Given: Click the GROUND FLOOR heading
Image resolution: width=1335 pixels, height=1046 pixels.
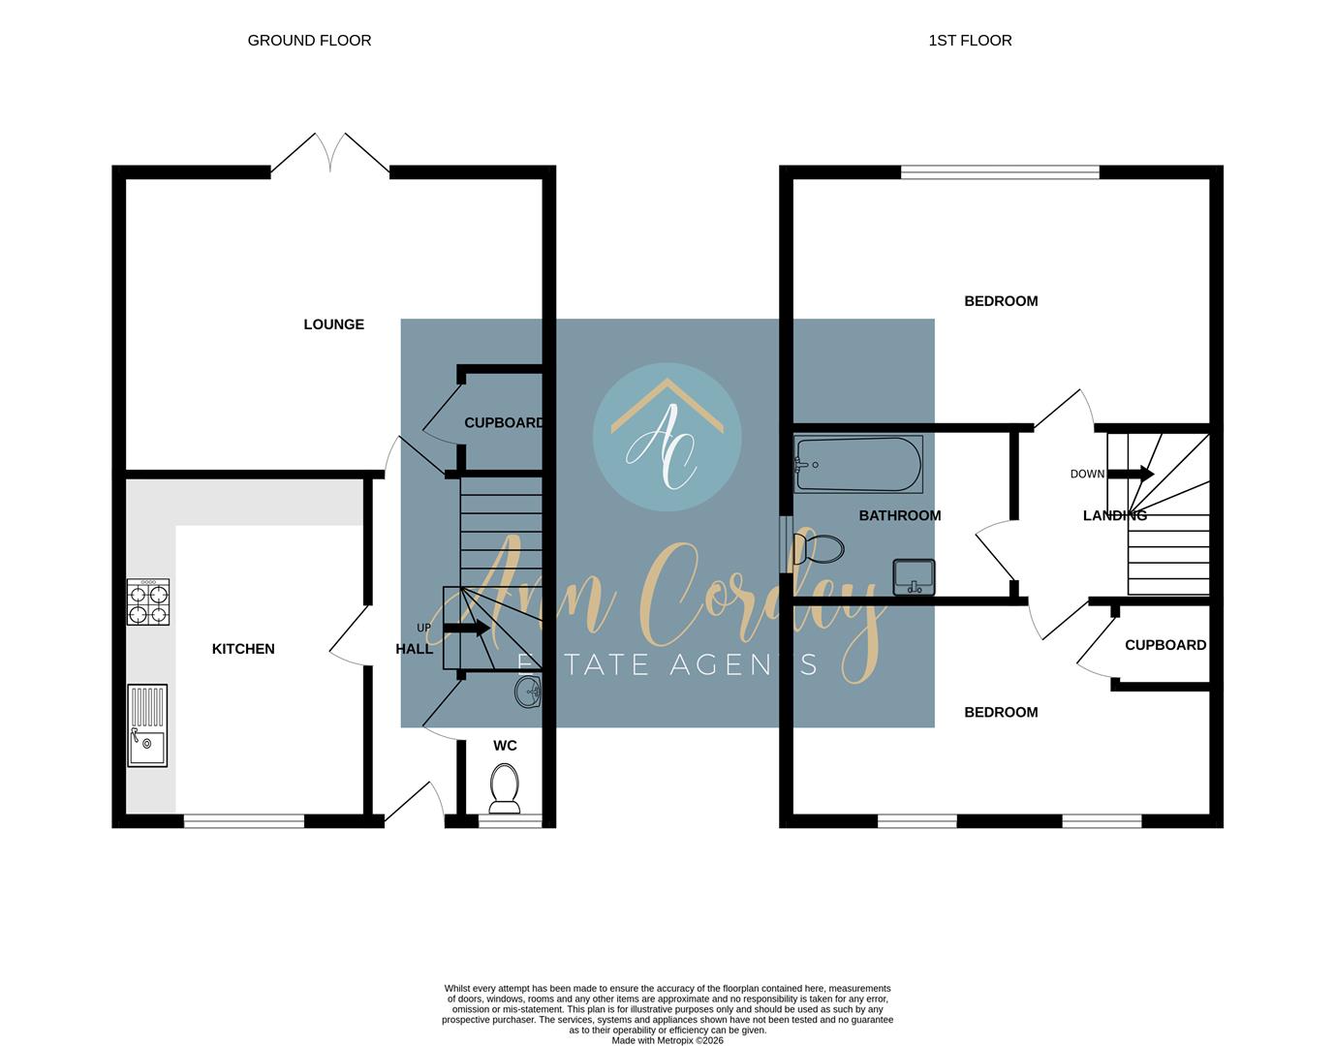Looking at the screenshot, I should pyautogui.click(x=309, y=41).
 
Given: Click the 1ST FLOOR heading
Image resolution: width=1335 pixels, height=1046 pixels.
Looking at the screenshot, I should pyautogui.click(x=970, y=41).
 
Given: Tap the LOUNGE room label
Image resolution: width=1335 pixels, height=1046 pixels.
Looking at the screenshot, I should pyautogui.click(x=333, y=324).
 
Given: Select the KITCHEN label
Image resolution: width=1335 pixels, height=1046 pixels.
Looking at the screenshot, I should pyautogui.click(x=243, y=649).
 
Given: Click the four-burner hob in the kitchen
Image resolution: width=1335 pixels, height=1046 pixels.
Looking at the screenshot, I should pyautogui.click(x=148, y=601).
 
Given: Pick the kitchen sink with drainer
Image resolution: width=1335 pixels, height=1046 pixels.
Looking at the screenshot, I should pyautogui.click(x=147, y=725).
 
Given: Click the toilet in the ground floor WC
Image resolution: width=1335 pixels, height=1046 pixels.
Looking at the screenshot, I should pyautogui.click(x=505, y=786).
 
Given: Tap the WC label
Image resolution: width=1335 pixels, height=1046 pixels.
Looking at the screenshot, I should pyautogui.click(x=505, y=746).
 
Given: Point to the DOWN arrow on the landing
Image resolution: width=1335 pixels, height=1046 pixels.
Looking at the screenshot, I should pyautogui.click(x=1130, y=474).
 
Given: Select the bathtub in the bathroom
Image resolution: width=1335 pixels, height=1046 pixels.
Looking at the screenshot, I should pyautogui.click(x=857, y=465).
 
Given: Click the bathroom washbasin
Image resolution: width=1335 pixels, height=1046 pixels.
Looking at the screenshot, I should pyautogui.click(x=914, y=577).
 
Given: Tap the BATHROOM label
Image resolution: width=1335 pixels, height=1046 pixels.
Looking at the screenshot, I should pyautogui.click(x=899, y=515).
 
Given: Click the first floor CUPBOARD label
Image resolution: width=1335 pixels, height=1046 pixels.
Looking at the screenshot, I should pyautogui.click(x=1164, y=645).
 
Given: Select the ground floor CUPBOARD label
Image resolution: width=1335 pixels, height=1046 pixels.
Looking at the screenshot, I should pyautogui.click(x=503, y=423).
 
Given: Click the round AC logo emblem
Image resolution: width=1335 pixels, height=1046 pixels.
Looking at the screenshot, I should pyautogui.click(x=667, y=438).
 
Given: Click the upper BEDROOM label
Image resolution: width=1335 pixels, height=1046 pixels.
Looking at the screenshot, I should pyautogui.click(x=1001, y=301).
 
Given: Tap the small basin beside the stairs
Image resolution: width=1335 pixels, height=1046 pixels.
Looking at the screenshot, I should pyautogui.click(x=529, y=692).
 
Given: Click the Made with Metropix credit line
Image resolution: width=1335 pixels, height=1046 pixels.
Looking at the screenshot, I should pyautogui.click(x=667, y=1040).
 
